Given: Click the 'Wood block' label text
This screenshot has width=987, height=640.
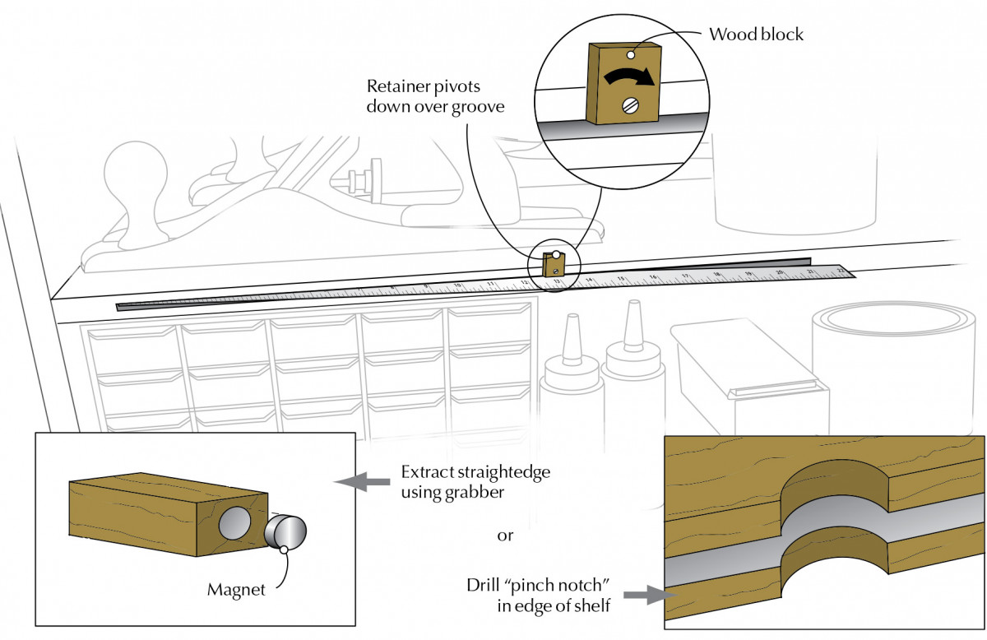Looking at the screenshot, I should pyautogui.click(x=756, y=35).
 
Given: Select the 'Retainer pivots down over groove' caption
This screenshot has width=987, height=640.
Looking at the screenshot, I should pyautogui.click(x=435, y=96).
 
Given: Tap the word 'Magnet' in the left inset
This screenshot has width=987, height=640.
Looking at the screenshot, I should pyautogui.click(x=235, y=590).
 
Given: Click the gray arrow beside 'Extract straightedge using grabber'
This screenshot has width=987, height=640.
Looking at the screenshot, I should pyautogui.click(x=364, y=482).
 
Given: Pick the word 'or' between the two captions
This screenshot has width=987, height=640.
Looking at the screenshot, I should pyautogui.click(x=505, y=536).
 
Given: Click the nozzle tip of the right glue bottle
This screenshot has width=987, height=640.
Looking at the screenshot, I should pyautogui.click(x=633, y=306).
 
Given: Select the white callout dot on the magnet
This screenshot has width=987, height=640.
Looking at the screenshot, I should pyautogui.click(x=283, y=548).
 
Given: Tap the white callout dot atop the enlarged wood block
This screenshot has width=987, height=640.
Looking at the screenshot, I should pyautogui.click(x=629, y=54).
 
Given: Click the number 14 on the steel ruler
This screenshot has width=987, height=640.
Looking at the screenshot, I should pyautogui.click(x=589, y=281).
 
